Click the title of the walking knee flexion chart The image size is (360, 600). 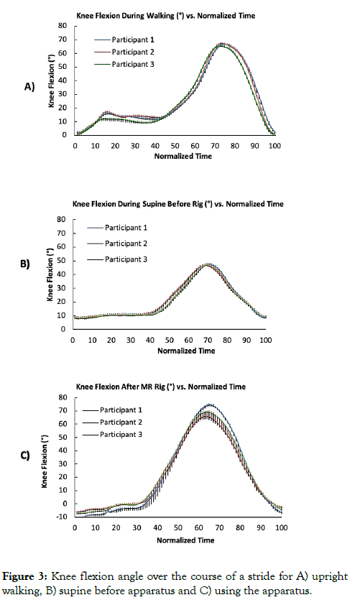point(166,16)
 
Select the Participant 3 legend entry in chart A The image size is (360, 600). point(124,64)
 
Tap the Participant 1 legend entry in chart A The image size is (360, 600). point(124,40)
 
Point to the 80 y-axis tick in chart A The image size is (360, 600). point(63,26)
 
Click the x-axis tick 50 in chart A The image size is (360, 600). point(175,146)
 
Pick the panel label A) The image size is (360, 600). point(29,87)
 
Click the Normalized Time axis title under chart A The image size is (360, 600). point(183,156)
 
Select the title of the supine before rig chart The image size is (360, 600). point(178,204)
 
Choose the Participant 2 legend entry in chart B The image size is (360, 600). point(117,244)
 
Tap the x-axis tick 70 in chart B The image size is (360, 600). point(208,340)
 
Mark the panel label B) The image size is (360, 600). point(25,264)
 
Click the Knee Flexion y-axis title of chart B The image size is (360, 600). point(50,274)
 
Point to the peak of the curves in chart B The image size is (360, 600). point(208,264)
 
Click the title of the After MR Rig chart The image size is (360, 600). point(161,387)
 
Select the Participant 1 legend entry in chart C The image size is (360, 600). point(112,410)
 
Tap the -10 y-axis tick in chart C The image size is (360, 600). point(62,517)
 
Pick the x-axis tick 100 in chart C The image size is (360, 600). point(281,527)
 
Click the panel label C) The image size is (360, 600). point(25,456)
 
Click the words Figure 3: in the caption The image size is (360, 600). point(25,577)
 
